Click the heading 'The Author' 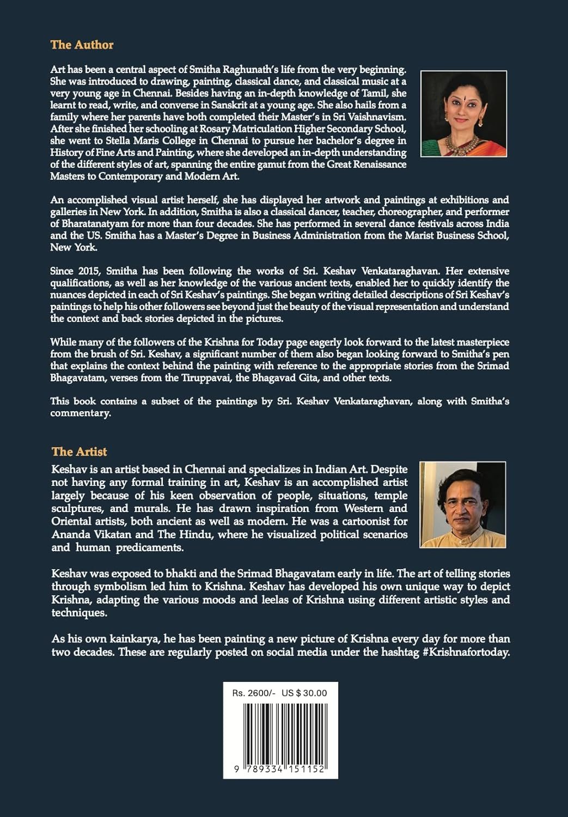[82, 45]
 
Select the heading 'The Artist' [80, 452]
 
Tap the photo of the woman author [463, 114]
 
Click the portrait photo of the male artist [463, 504]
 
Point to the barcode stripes [280, 727]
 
